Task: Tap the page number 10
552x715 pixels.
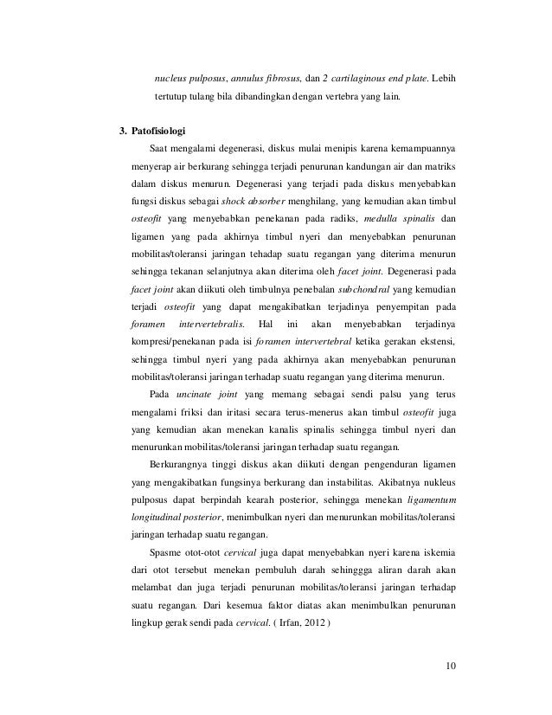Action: click(x=449, y=666)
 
